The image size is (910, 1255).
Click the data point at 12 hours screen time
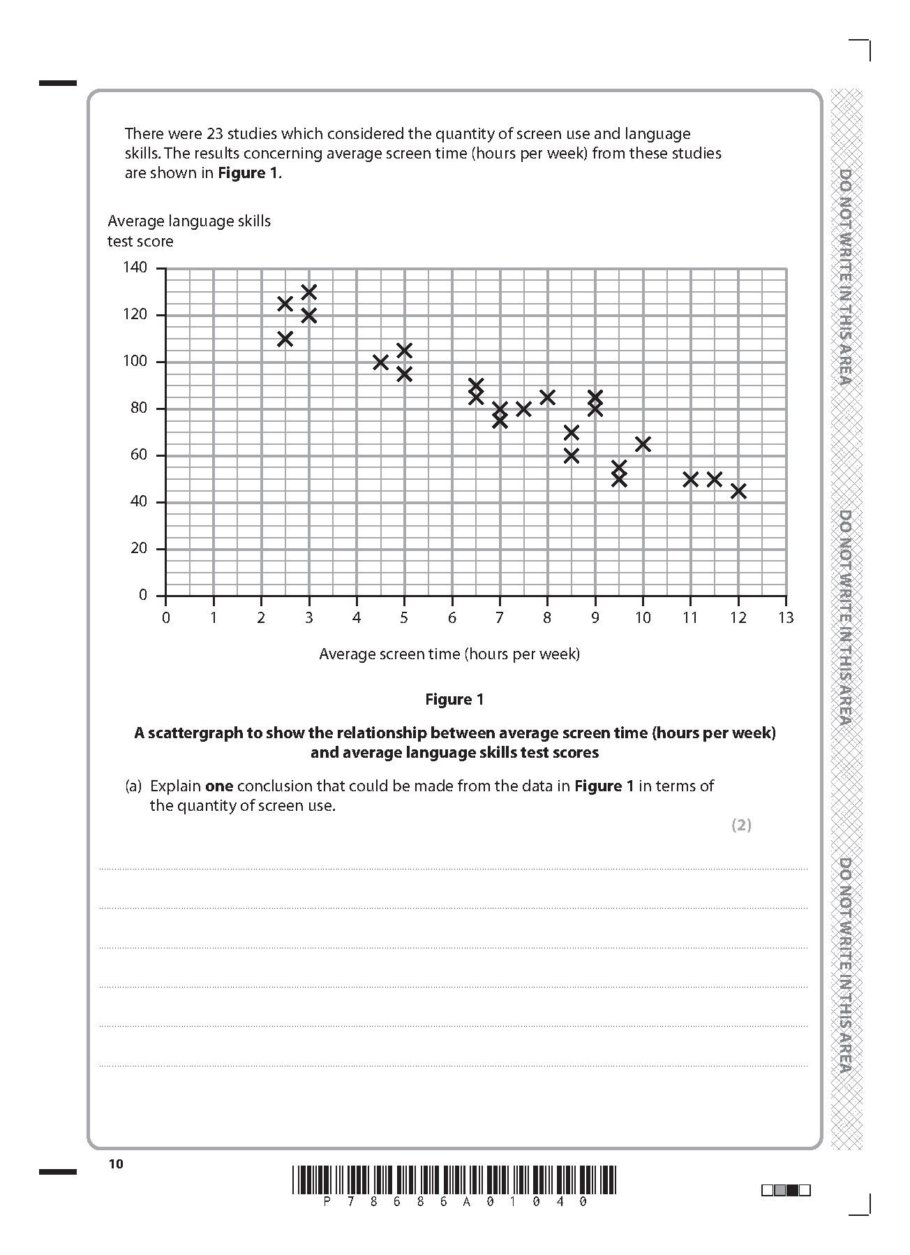[x=738, y=491]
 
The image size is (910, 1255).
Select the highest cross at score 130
[x=309, y=291]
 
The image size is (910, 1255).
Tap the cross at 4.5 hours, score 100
[x=380, y=362]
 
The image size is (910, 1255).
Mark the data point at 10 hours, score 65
[x=643, y=443]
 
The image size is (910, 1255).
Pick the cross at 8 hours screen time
[x=547, y=397]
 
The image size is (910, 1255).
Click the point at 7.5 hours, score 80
[x=523, y=409]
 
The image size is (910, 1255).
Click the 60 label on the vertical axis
[x=140, y=455]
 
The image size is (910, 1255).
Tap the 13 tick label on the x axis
[x=786, y=618]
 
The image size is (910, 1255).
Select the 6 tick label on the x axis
[x=452, y=618]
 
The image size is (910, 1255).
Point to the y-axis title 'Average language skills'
[x=189, y=221]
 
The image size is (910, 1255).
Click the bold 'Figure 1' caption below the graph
[x=454, y=700]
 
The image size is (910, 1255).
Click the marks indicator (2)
[x=741, y=825]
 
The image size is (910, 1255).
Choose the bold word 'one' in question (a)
[x=219, y=786]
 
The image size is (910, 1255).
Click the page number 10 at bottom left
[x=116, y=1164]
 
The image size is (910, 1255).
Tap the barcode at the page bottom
[x=454, y=1180]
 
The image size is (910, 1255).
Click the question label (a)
[x=133, y=786]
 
